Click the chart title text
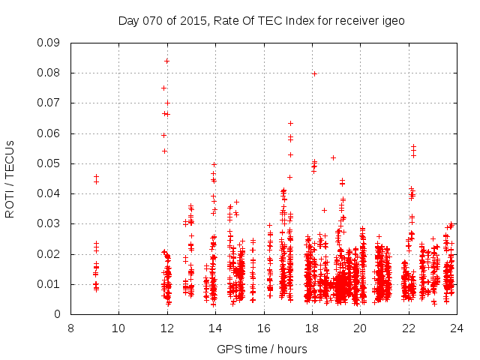pyautogui.click(x=261, y=21)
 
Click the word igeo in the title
pyautogui.click(x=393, y=21)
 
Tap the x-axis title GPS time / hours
pyautogui.click(x=262, y=349)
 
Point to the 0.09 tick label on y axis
pyautogui.click(x=49, y=43)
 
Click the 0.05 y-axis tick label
pyautogui.click(x=49, y=163)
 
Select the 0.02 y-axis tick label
pyautogui.click(x=49, y=254)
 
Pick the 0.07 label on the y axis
pyautogui.click(x=49, y=103)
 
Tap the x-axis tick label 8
pyautogui.click(x=70, y=328)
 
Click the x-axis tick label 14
pyautogui.click(x=215, y=328)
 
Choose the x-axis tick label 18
pyautogui.click(x=312, y=328)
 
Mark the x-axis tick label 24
pyautogui.click(x=457, y=328)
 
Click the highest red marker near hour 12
pyautogui.click(x=166, y=61)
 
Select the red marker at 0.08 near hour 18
pyautogui.click(x=314, y=73)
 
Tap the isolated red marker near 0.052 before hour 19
pyautogui.click(x=333, y=157)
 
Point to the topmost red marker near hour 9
pyautogui.click(x=96, y=177)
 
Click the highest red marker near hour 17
pyautogui.click(x=290, y=123)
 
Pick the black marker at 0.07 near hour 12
pyautogui.click(x=167, y=103)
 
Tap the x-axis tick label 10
pyautogui.click(x=118, y=328)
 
